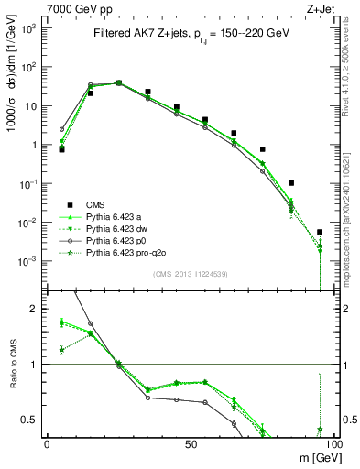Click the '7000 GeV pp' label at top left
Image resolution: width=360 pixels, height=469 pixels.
pos(77,8)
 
